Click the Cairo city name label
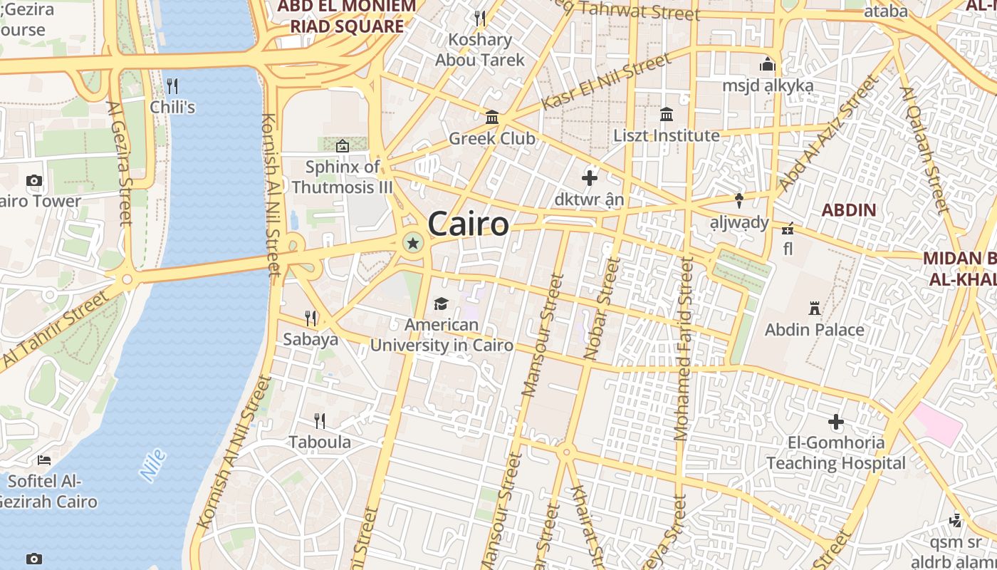[x=469, y=224]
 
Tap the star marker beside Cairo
[x=412, y=244]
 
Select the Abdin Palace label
[x=815, y=330]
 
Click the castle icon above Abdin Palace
[x=815, y=309]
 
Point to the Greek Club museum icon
[x=492, y=117]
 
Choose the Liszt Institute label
[x=667, y=135]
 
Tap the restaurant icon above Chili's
[x=172, y=86]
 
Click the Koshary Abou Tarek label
[x=480, y=50]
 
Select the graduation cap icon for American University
[x=442, y=304]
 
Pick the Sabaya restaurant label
[x=310, y=339]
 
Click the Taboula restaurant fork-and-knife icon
[x=320, y=421]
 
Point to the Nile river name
[x=152, y=465]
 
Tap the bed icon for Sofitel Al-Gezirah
[x=44, y=460]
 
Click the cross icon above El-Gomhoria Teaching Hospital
[x=836, y=422]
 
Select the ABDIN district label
[x=849, y=210]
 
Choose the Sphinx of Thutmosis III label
[x=343, y=177]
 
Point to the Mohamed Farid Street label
[x=683, y=349]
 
